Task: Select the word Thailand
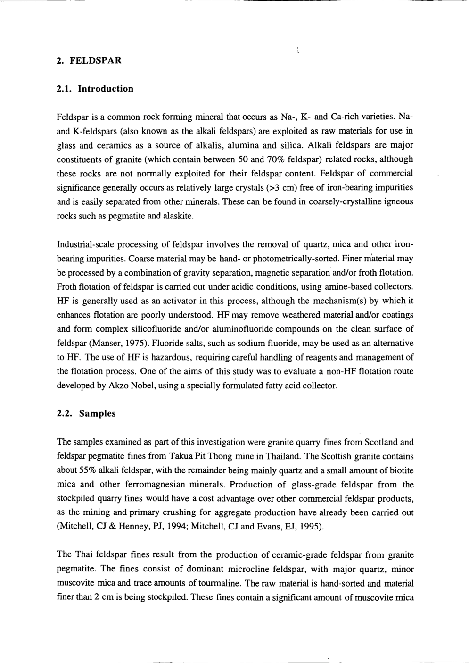[284, 456]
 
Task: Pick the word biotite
[401, 470]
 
